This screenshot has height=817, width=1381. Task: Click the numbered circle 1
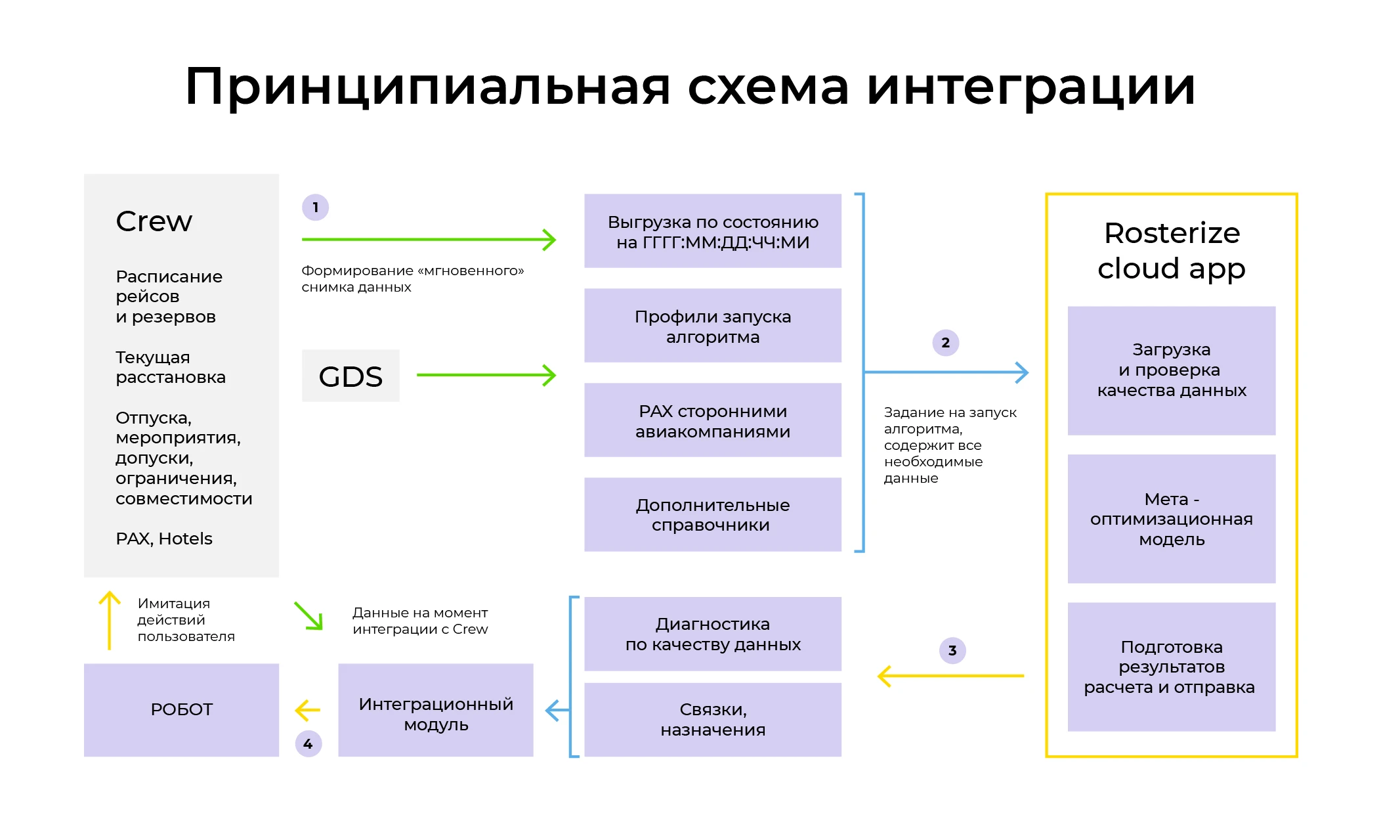tap(315, 208)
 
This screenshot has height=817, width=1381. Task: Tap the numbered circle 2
tap(945, 343)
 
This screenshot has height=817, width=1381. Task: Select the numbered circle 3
tap(952, 651)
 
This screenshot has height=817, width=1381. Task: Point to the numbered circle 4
tap(308, 744)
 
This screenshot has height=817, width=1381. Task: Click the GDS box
tap(351, 376)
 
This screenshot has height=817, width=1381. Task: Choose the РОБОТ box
tap(181, 710)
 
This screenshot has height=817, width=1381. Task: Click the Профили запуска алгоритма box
tap(712, 326)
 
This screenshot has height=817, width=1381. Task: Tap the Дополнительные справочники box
tap(712, 515)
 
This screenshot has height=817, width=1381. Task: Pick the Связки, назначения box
tap(712, 720)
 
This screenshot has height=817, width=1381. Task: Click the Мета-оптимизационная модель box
tap(1171, 519)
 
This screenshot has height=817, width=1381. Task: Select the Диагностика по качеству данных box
tap(712, 634)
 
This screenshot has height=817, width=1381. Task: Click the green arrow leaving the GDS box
tap(486, 375)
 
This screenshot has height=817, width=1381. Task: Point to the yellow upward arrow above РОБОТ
tap(110, 620)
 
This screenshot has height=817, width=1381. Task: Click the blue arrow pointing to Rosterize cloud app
tap(945, 372)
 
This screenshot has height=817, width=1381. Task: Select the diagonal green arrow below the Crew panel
tap(308, 616)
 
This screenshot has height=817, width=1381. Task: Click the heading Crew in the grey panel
tap(154, 221)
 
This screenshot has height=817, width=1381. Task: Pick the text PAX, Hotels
tap(164, 539)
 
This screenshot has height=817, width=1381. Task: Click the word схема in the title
tap(768, 87)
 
